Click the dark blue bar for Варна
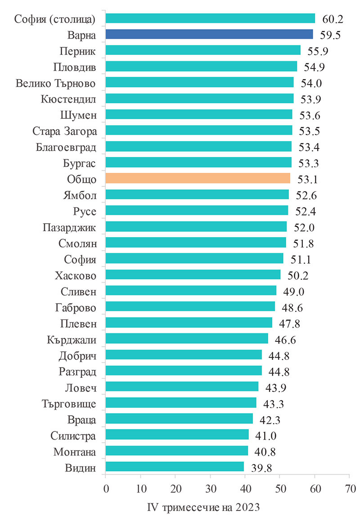click(x=209, y=34)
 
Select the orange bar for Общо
click(x=198, y=179)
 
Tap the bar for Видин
click(x=175, y=467)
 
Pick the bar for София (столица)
click(x=210, y=18)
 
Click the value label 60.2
click(x=333, y=19)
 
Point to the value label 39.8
click(x=262, y=467)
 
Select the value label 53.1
click(x=308, y=179)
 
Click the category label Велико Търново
click(x=56, y=83)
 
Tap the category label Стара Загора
click(x=65, y=131)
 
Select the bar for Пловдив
click(x=201, y=67)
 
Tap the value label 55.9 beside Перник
click(x=317, y=51)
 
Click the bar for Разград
click(x=184, y=371)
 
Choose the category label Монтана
click(x=74, y=451)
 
